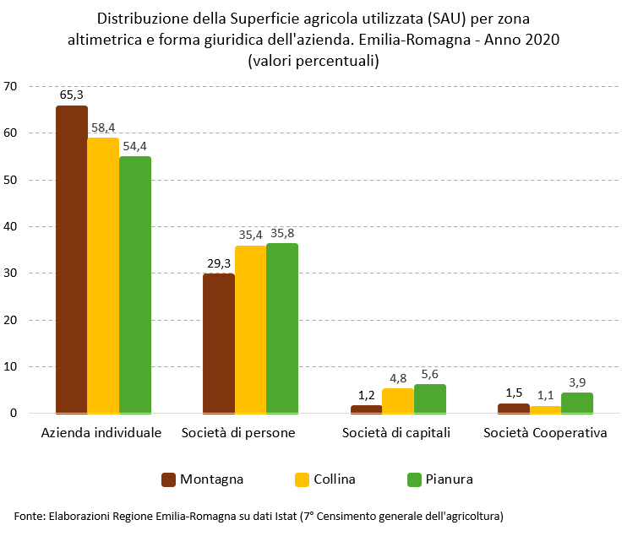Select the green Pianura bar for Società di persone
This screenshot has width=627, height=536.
282,328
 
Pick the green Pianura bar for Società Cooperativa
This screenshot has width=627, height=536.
577,403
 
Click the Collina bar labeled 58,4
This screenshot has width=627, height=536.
103,275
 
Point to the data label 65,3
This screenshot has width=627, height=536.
71,95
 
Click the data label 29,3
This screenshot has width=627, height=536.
219,263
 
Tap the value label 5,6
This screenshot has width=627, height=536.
430,374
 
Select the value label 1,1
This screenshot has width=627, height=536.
546,395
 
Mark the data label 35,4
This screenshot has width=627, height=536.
251,235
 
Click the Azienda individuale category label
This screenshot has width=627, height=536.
101,433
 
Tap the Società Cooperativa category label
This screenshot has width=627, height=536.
545,433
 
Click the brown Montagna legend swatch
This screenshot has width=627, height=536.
168,479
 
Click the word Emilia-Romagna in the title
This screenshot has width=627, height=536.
418,40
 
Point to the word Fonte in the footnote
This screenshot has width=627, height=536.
29,515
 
